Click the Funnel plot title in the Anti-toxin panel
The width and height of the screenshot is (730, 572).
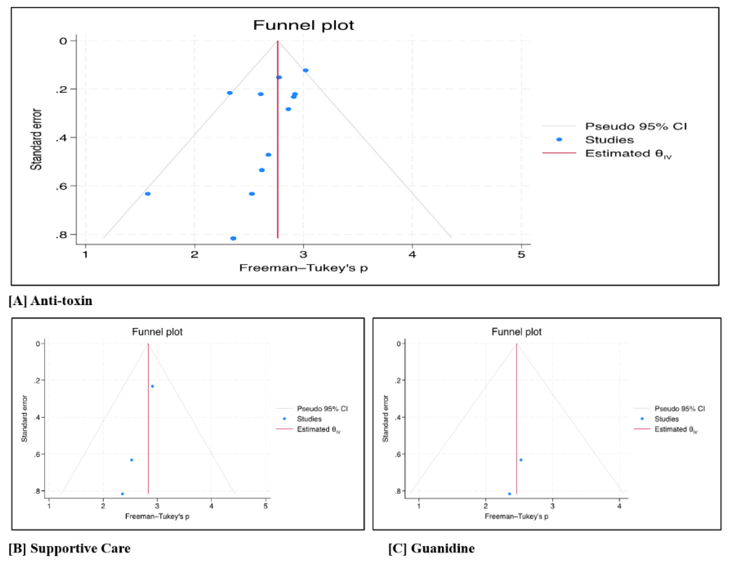point(303,25)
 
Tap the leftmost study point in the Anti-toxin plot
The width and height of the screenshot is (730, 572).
point(147,194)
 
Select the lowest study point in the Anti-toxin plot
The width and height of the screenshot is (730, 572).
point(233,238)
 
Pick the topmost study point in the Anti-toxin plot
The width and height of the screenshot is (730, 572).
point(306,70)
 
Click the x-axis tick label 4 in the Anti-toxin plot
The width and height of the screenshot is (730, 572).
point(412,255)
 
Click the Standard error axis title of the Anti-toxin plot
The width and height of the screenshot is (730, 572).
point(36,139)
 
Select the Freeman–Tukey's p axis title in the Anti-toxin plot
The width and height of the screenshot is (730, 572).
point(303,268)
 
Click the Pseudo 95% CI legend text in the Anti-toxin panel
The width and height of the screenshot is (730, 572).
point(636,126)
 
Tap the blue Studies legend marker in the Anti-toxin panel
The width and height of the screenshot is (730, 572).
point(559,140)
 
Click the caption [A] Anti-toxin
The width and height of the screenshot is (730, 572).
point(50,301)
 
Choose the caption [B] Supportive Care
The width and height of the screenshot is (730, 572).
point(69,549)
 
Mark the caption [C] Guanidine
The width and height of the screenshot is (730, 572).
point(431,549)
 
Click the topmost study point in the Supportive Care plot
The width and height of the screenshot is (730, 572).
point(153,386)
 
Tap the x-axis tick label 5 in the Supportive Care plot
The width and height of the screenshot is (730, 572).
point(265,506)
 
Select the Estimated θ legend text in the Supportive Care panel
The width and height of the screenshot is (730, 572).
point(318,429)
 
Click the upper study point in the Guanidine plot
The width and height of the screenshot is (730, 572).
point(521,460)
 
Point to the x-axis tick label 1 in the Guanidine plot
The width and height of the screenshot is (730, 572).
point(418,506)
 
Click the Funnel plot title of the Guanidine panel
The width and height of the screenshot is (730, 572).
point(516,332)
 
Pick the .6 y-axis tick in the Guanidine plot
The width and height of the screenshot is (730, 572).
point(398,454)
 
